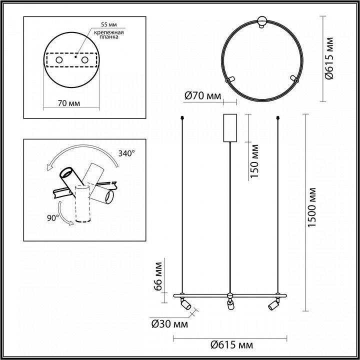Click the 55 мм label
coord(109,24)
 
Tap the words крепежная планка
coord(109,34)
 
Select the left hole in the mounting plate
coord(59,60)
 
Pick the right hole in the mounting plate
coord(84,60)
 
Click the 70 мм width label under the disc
coord(69,103)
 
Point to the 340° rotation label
coord(126,153)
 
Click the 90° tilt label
coord(53,218)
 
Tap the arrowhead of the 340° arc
coord(48,168)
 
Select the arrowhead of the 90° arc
coord(71,223)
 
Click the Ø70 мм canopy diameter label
coord(202,96)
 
